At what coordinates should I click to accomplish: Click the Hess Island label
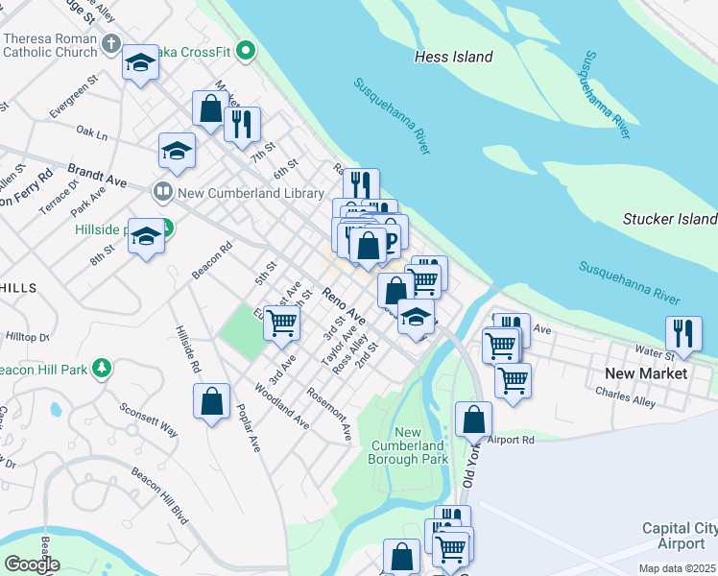(x=453, y=57)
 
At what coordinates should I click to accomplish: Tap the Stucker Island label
(x=669, y=219)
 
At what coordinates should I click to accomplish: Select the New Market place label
(x=646, y=372)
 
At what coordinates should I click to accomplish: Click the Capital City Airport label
(x=680, y=536)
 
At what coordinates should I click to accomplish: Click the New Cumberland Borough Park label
(x=408, y=445)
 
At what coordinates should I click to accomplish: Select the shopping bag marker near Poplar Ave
(x=211, y=400)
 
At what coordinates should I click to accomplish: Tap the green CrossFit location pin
(x=246, y=50)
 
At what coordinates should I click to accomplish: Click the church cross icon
(x=110, y=44)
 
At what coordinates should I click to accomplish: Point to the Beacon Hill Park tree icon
(x=100, y=369)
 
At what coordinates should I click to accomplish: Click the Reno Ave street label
(x=344, y=304)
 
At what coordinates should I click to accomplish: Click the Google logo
(x=32, y=564)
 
